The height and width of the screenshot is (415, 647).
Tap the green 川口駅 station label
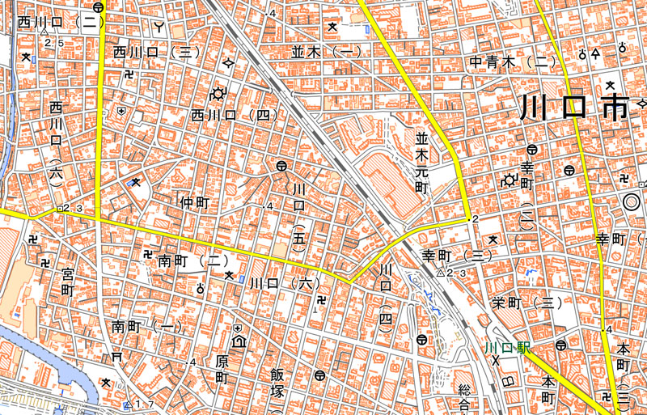[507, 349]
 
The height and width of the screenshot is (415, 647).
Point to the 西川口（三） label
[156, 53]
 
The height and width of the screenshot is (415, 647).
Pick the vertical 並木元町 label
[421, 162]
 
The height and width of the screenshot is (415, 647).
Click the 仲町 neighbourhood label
[194, 202]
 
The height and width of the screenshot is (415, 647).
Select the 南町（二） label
[190, 261]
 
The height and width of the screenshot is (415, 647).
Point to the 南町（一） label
[148, 327]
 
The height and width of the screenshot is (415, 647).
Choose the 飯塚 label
[277, 383]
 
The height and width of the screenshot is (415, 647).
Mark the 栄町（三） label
[526, 303]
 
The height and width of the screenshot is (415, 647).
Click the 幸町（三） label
[457, 256]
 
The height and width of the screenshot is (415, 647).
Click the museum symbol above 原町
[239, 341]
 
